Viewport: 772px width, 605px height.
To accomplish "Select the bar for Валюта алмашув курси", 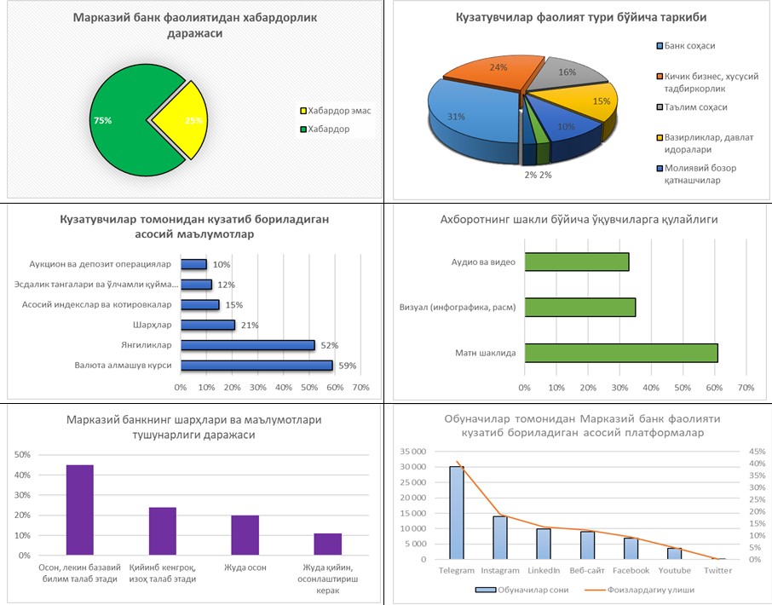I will (256, 366).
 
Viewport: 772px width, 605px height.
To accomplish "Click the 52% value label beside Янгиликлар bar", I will (329, 345).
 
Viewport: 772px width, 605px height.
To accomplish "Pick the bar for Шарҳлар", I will (208, 325).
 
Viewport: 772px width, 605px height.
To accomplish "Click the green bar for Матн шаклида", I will (620, 353).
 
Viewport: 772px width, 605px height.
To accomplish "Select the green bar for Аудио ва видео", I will (576, 262).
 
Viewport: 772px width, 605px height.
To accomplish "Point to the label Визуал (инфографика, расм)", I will (457, 308).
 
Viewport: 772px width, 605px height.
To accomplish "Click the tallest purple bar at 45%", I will (80, 510).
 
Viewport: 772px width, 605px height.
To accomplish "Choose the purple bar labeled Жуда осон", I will (245, 535).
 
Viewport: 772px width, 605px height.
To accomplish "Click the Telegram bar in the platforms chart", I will (457, 512).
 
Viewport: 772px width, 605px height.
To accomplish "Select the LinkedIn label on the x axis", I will (543, 570).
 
